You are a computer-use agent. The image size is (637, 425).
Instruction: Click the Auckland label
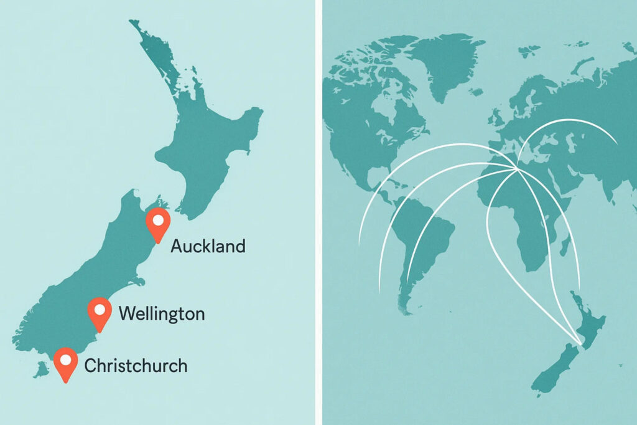click(x=208, y=246)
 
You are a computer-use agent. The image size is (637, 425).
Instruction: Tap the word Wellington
click(x=161, y=313)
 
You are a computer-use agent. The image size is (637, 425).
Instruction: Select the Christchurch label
click(x=136, y=365)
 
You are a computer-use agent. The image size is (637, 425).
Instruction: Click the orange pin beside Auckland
click(x=157, y=224)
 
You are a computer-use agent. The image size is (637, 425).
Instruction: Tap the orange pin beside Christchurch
click(x=66, y=363)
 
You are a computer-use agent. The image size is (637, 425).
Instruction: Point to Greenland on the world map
click(x=445, y=62)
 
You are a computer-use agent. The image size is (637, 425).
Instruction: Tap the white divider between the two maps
click(x=318, y=212)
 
